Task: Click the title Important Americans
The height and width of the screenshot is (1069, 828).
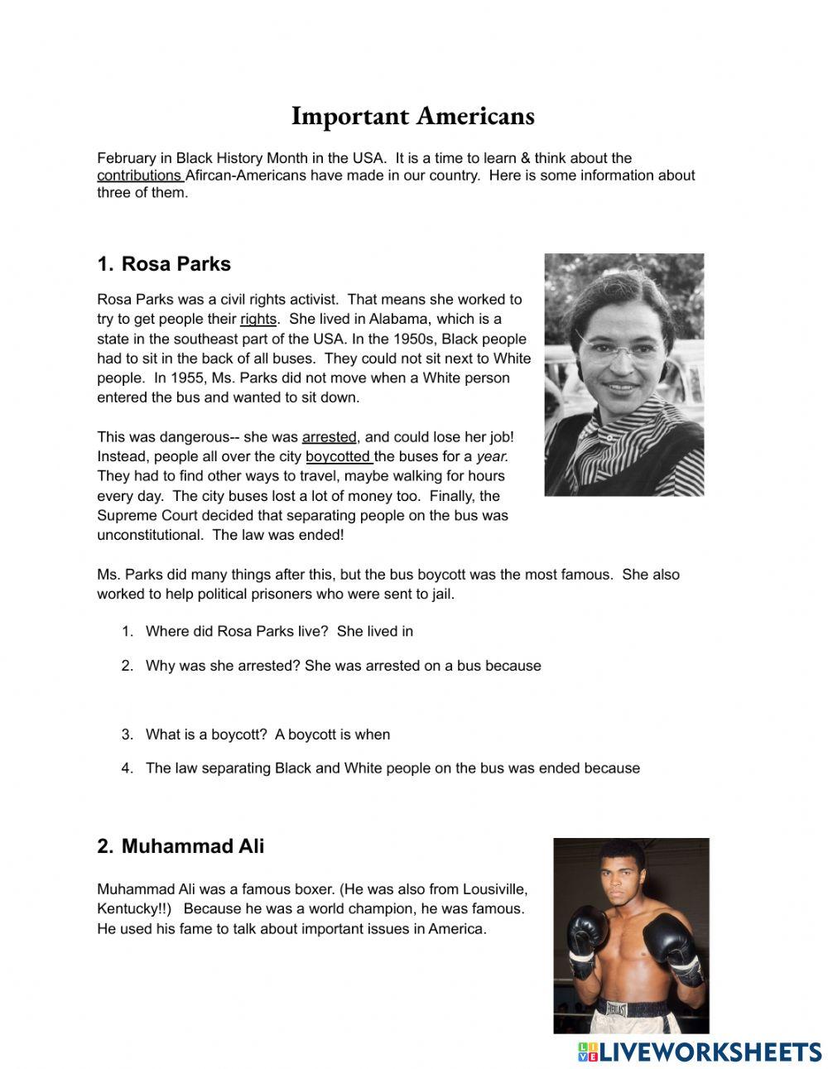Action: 412,116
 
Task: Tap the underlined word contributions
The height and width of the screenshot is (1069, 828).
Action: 139,176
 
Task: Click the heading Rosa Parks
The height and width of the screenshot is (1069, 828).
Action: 176,264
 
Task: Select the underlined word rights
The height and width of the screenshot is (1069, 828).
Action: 258,320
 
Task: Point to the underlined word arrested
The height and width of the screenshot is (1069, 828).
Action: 329,437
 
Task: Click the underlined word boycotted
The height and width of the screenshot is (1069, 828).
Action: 338,457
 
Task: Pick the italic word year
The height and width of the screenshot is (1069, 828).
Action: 492,457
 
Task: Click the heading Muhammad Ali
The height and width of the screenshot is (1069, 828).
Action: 192,846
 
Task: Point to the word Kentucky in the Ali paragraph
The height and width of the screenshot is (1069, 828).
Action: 128,909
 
